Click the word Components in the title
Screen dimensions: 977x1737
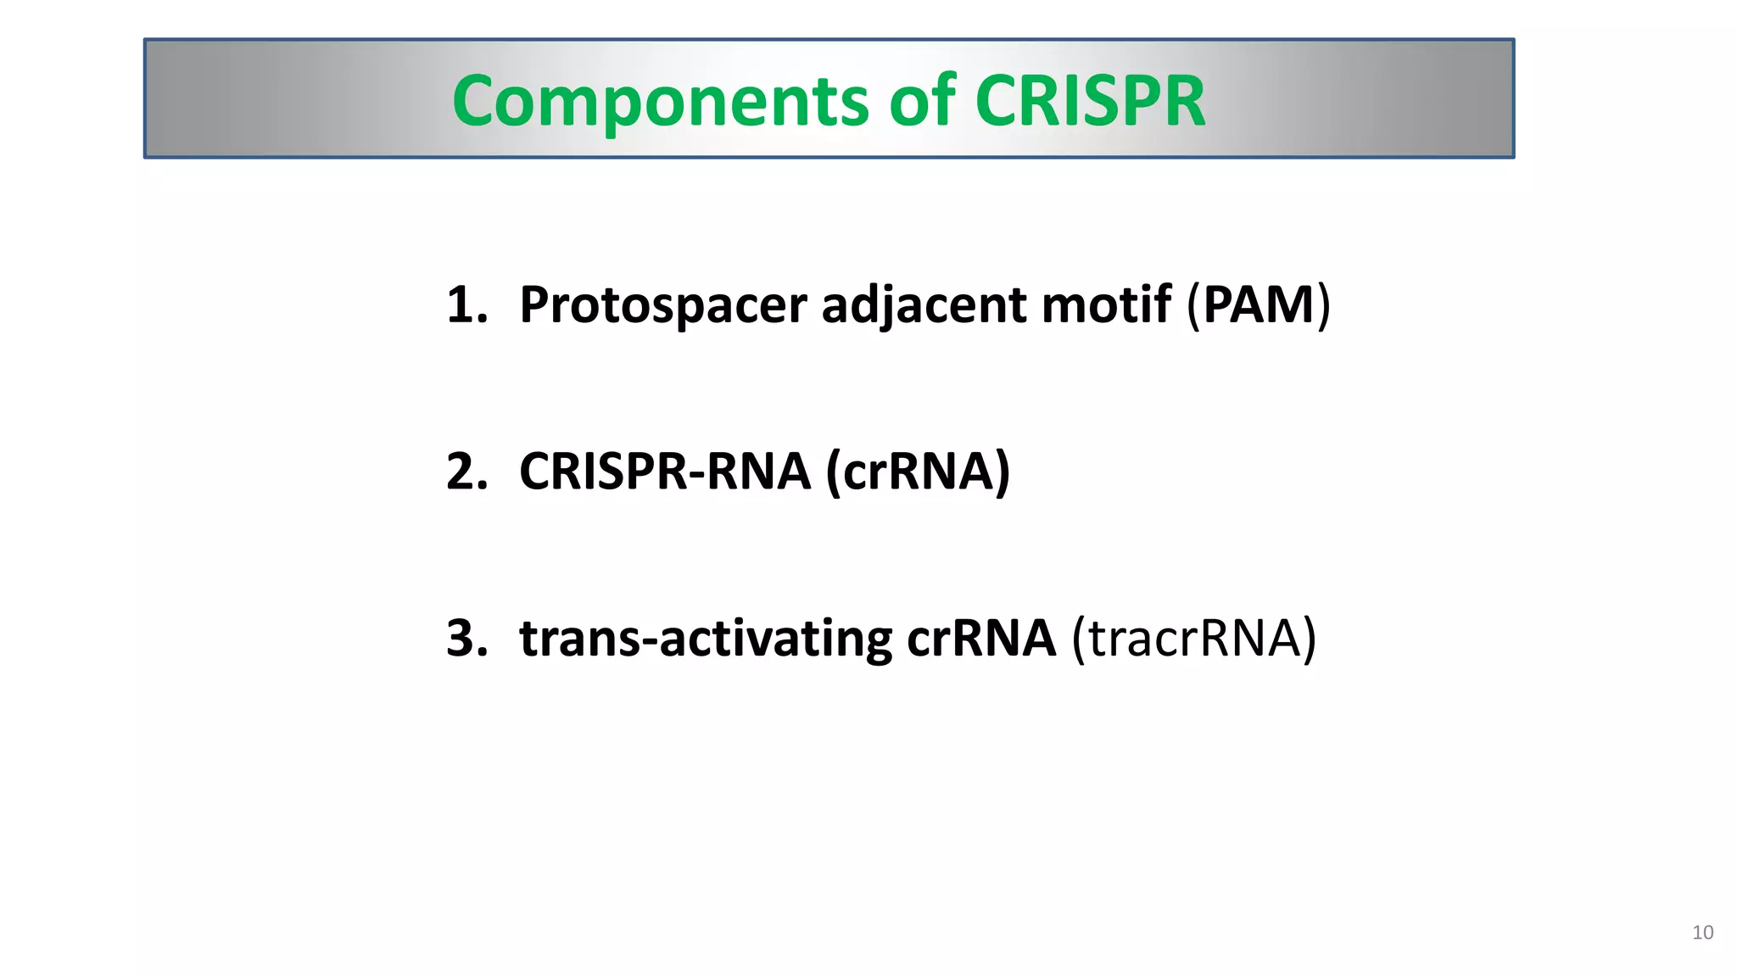(660, 102)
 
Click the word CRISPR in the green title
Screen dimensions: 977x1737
(1090, 102)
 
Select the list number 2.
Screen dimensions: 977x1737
(466, 472)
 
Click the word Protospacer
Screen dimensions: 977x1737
(662, 305)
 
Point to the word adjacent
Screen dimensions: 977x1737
(924, 305)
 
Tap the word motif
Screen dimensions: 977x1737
(1106, 304)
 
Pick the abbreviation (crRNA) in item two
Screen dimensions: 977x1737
(918, 472)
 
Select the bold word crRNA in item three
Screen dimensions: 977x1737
(981, 639)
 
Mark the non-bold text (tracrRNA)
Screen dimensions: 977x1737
(1194, 639)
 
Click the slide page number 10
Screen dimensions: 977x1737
(1702, 933)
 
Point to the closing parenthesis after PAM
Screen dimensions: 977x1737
(1322, 305)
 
